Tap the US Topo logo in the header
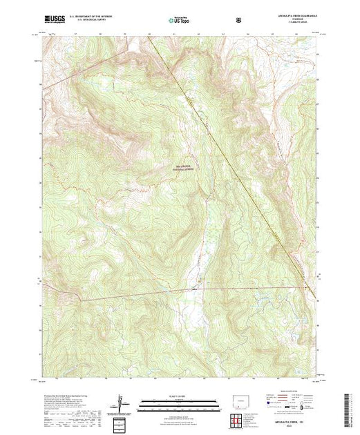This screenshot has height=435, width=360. pyautogui.click(x=179, y=21)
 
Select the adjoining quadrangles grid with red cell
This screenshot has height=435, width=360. pyautogui.click(x=241, y=419)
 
